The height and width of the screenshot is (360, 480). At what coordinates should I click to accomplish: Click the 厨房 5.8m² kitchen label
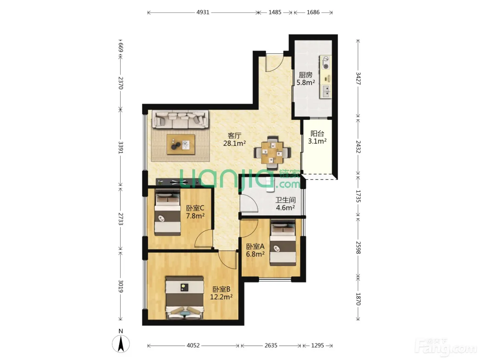pos(305,79)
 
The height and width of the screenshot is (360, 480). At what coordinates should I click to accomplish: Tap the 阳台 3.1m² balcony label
pos(317,137)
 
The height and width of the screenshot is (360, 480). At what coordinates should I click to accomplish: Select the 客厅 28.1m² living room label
pos(235,140)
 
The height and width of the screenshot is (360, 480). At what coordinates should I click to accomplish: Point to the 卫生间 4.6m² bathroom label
pos(285,204)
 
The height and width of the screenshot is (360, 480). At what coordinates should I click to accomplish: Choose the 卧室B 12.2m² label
pos(221,293)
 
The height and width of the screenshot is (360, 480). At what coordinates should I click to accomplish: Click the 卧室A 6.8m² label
pos(255,250)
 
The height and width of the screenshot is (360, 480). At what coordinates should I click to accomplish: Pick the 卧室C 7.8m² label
pos(195,212)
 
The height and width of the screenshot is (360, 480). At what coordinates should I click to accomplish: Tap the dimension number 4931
pos(203,12)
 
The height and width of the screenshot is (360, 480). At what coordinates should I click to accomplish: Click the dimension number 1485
pos(275,12)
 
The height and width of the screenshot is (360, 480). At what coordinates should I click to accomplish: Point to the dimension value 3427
pos(358,78)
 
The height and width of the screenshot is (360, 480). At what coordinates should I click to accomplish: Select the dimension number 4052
pos(193,345)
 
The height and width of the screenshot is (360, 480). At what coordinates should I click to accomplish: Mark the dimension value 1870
pos(358,299)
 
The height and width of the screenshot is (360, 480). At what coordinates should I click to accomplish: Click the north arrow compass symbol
pos(121,341)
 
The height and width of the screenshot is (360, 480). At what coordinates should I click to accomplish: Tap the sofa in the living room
pos(180,119)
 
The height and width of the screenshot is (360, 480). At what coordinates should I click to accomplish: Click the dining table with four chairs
pos(272,153)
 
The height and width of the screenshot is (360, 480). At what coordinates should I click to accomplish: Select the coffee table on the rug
pos(181,144)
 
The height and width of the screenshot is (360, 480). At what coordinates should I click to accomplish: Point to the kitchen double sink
pos(326,91)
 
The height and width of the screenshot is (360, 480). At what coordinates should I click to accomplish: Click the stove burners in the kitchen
pos(326,62)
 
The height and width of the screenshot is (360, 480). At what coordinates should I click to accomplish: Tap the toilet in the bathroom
pos(270,185)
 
